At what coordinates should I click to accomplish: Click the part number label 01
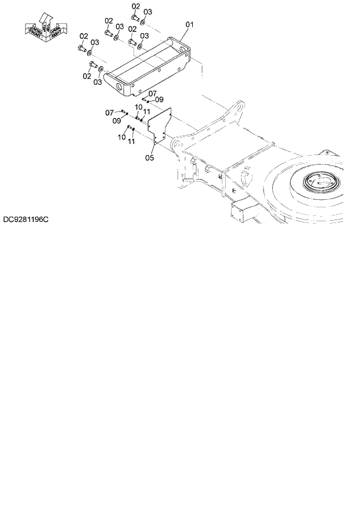[189, 24]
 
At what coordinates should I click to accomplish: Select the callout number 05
[149, 157]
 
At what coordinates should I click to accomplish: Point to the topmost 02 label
[135, 6]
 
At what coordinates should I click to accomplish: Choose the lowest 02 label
[87, 75]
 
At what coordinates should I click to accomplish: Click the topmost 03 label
[147, 12]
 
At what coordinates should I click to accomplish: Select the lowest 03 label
[97, 82]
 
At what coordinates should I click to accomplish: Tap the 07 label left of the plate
[109, 113]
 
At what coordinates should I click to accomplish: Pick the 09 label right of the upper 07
[159, 99]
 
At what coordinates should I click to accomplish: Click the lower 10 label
[121, 137]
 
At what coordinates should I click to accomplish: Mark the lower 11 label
[131, 141]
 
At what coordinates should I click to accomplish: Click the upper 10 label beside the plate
[139, 107]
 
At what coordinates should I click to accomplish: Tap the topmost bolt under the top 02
[134, 17]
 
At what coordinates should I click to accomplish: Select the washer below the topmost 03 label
[143, 22]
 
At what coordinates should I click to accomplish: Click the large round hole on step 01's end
[121, 88]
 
